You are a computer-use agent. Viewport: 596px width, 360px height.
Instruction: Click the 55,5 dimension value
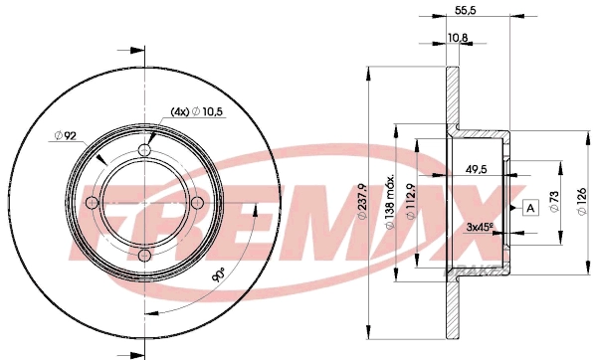coord(466,10)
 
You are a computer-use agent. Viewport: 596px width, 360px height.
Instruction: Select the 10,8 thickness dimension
coord(458,38)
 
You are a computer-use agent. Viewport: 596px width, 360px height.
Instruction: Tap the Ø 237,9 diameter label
coord(362,201)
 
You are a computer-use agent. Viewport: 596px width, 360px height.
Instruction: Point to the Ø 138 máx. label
coord(390,203)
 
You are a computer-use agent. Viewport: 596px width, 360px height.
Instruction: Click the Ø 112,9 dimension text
coord(411,201)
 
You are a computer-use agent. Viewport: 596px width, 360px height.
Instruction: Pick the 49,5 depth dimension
coord(477,169)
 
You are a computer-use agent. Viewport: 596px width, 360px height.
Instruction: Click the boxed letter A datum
coord(531,208)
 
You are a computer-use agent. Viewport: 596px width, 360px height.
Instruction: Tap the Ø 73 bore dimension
coord(554,202)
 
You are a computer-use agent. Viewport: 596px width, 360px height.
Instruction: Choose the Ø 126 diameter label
coord(582,201)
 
